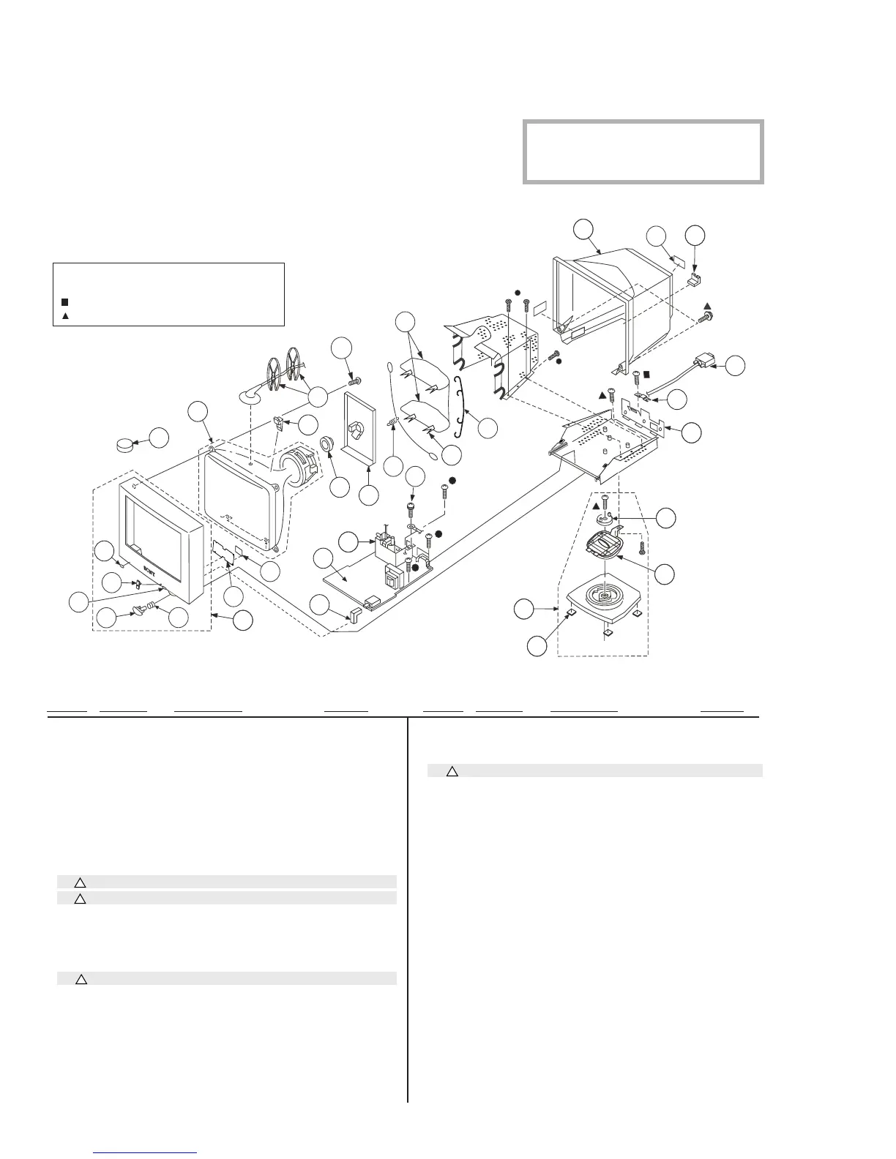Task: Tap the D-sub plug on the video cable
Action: [x=705, y=361]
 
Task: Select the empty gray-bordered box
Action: [x=643, y=151]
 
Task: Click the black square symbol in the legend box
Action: [x=65, y=301]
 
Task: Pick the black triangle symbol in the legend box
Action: [x=65, y=316]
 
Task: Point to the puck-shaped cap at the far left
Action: [x=129, y=443]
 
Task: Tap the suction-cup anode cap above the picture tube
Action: [x=251, y=394]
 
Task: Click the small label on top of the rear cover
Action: [x=679, y=261]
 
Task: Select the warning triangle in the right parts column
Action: [x=452, y=770]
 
